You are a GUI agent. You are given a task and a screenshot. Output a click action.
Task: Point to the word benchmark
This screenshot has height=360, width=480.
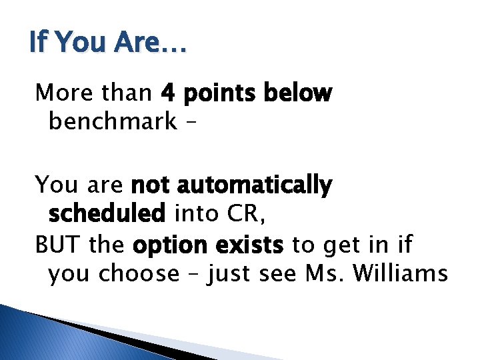coord(113,122)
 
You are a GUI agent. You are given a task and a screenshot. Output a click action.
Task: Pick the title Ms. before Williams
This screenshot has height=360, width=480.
coord(321,273)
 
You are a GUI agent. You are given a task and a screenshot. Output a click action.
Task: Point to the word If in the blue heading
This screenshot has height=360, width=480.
coord(38,43)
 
